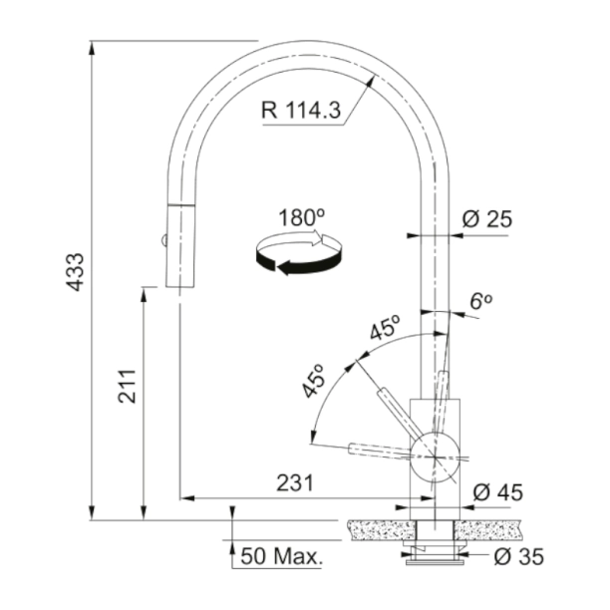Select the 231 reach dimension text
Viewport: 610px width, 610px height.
294,483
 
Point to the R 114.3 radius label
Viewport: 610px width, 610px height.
302,112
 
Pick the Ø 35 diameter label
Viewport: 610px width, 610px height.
517,556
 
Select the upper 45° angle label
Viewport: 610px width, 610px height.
384,329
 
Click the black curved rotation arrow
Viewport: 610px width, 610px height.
298,255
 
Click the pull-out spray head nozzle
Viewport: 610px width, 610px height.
176,249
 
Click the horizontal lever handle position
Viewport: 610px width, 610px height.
379,450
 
